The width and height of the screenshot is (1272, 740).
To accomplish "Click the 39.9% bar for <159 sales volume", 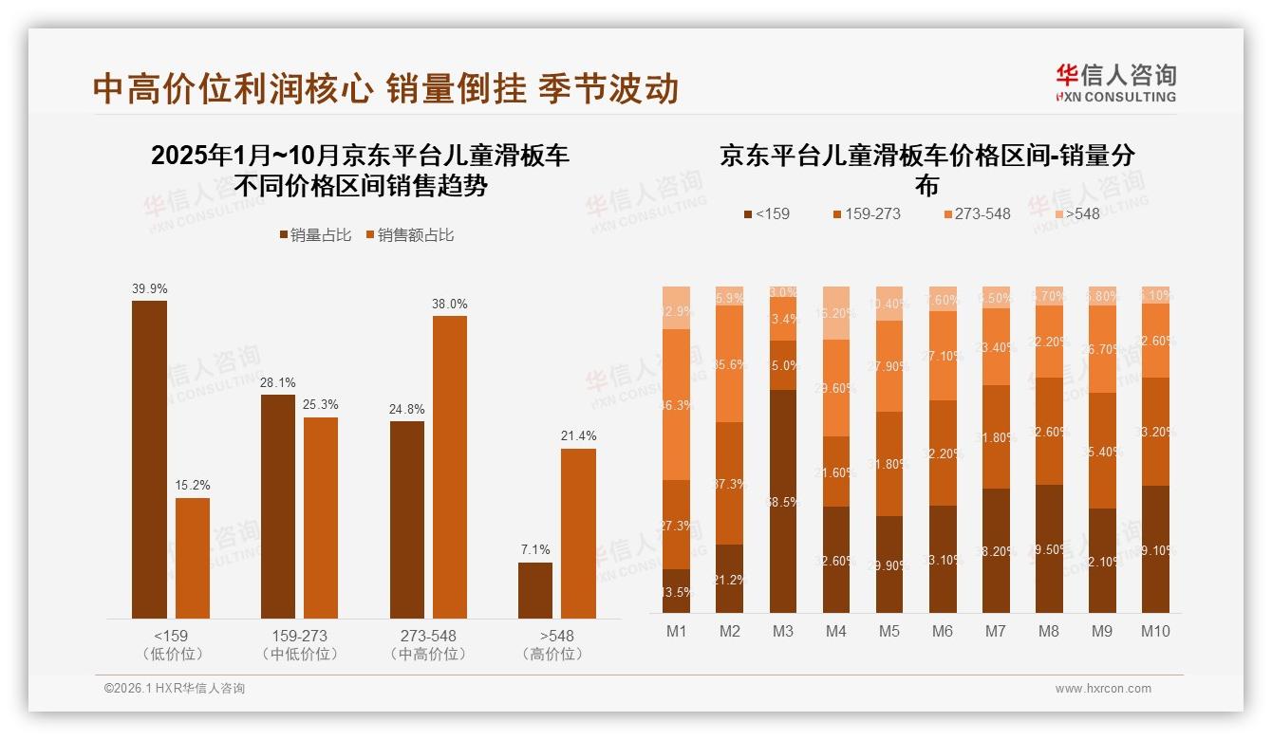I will [x=149, y=460].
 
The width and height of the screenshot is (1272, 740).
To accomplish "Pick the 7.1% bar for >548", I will [x=535, y=590].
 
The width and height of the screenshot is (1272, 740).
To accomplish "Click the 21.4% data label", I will [x=578, y=436].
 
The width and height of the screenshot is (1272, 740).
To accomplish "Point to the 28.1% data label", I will [x=278, y=382].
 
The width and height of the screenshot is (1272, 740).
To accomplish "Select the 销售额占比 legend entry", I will [x=409, y=235].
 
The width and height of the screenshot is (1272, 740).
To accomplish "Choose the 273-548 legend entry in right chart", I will [x=977, y=213].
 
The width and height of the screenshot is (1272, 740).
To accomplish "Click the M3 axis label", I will [x=783, y=631].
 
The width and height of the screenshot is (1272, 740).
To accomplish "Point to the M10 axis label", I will [x=1155, y=631].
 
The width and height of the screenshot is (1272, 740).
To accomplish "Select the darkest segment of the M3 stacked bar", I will [x=783, y=501].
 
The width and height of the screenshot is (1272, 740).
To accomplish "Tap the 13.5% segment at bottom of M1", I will [x=676, y=591].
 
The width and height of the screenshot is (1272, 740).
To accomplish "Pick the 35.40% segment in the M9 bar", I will [x=1102, y=451].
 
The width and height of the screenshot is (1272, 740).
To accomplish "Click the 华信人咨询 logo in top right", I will [x=1115, y=82].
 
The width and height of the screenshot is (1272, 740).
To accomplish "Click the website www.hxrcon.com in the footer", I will [x=1103, y=689].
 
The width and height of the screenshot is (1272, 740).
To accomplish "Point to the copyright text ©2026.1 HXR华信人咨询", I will [x=175, y=689].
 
